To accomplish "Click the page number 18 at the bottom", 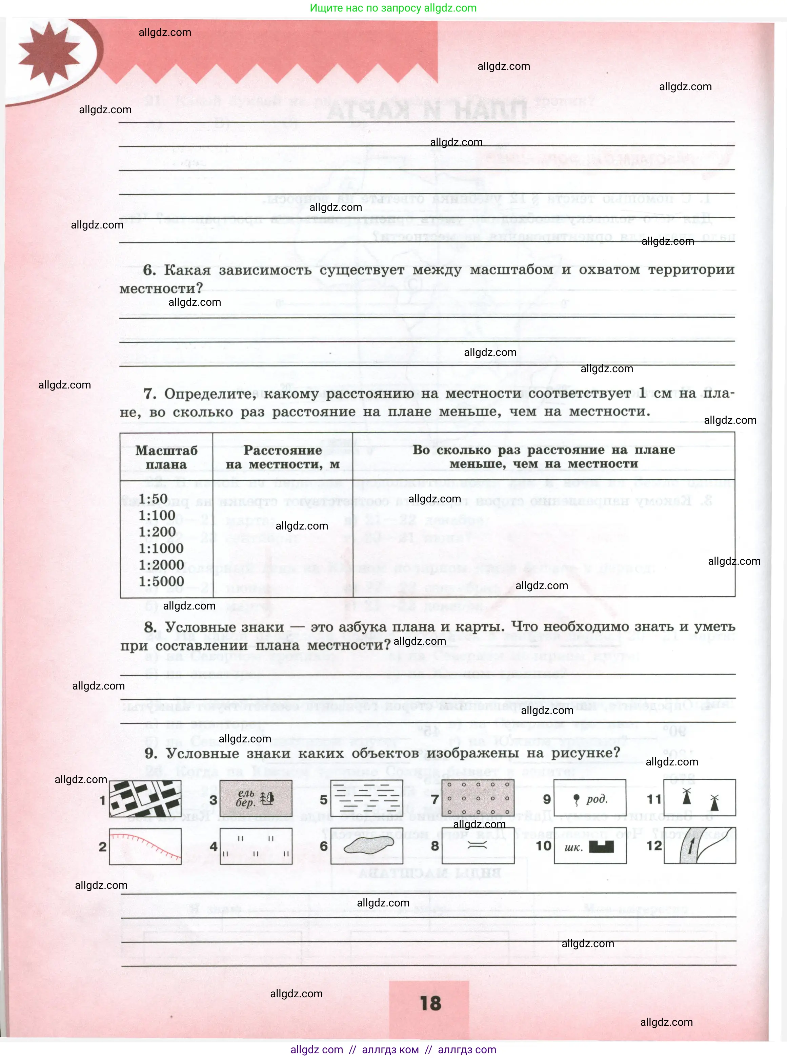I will click(430, 1003).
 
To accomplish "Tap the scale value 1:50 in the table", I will click(153, 498).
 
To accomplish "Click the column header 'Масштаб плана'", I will click(166, 457).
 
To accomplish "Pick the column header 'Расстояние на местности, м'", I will click(283, 457).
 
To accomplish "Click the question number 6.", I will click(149, 270).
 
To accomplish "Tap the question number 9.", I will click(150, 753).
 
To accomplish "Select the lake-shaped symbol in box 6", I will click(368, 845).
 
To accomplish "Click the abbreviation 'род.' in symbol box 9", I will click(597, 799).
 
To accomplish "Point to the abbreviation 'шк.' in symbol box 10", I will click(573, 847).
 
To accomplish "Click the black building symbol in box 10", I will click(601, 846).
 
